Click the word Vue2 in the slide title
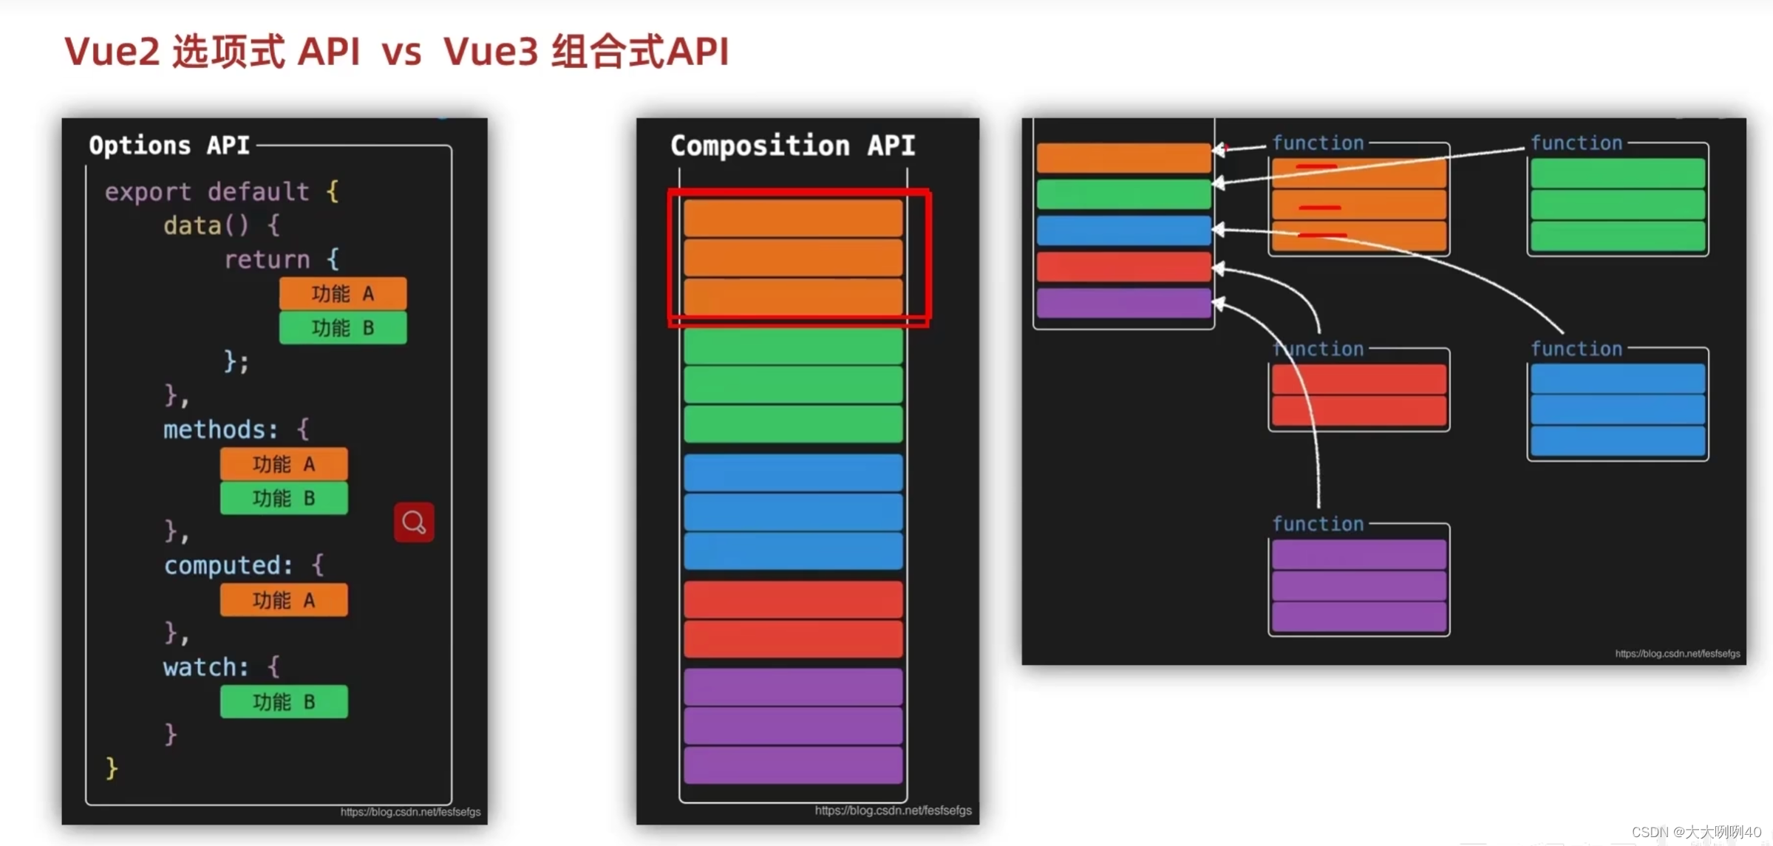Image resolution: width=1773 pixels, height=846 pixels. coord(112,52)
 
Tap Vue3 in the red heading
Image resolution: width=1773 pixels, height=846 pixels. coord(491,52)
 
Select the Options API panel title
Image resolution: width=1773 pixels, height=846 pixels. coord(169,145)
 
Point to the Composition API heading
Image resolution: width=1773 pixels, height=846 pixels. coord(792,146)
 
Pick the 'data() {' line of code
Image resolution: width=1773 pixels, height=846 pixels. coord(221,225)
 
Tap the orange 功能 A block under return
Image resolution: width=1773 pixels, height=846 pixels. coord(343,294)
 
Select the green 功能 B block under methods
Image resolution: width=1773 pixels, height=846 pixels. coord(284,499)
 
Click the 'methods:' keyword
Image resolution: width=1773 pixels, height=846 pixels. coord(220,429)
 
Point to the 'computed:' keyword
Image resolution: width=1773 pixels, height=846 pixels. coord(228,565)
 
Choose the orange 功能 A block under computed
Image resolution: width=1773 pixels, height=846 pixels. coord(284,600)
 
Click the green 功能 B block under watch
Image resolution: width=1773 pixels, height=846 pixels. coord(284,702)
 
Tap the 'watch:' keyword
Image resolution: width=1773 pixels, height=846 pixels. coord(205,667)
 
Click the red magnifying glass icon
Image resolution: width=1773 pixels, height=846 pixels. coord(414,522)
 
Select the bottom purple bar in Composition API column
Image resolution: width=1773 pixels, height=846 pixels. coord(793,765)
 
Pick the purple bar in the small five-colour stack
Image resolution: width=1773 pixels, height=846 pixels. coord(1123,304)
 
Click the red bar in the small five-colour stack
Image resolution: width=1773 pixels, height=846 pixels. coord(1123,267)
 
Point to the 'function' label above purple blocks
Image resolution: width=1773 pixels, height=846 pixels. coord(1318,524)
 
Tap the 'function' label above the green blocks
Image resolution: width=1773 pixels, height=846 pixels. coord(1576,143)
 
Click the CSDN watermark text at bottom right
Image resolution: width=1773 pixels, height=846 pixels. coord(1696,832)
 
